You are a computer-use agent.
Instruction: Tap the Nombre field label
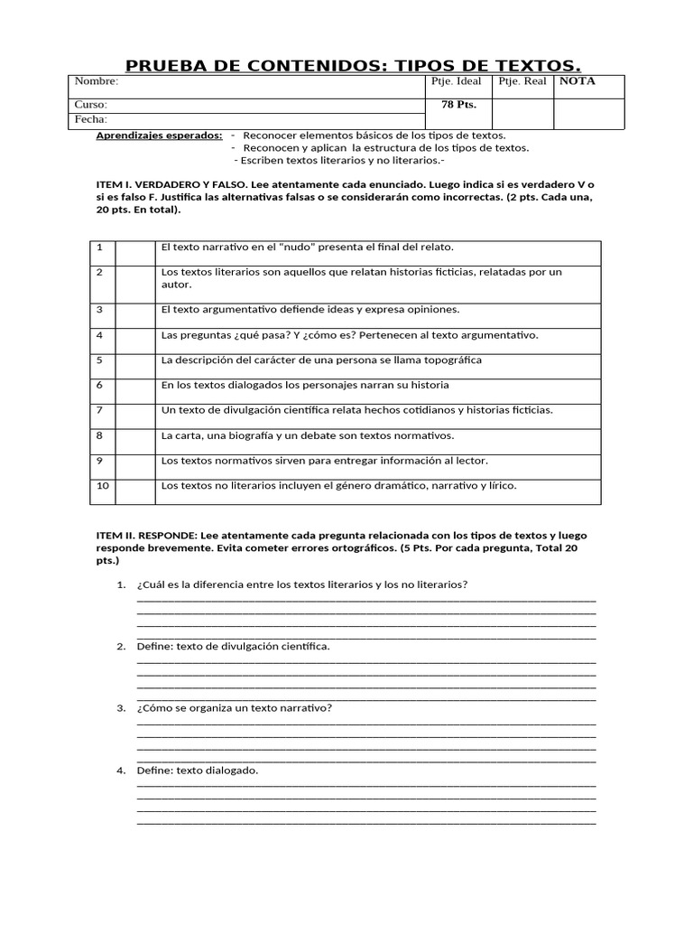click(x=97, y=81)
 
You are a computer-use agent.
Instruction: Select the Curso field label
click(x=91, y=105)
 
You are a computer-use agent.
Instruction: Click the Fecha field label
click(x=91, y=119)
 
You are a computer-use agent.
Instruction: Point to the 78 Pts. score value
click(x=458, y=105)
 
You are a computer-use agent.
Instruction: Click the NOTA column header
click(x=577, y=81)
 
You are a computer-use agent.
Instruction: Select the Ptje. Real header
click(x=522, y=81)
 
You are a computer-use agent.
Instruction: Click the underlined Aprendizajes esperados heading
click(x=159, y=135)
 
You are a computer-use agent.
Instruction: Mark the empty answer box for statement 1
click(x=135, y=252)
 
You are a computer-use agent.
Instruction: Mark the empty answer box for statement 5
click(x=135, y=366)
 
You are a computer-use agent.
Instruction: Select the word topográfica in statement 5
click(x=451, y=360)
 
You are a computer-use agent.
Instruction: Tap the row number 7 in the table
click(x=99, y=410)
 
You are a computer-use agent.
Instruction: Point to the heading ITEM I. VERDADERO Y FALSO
click(x=172, y=184)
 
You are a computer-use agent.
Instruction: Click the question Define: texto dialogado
click(x=198, y=771)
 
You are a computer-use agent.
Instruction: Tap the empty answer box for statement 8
click(x=135, y=441)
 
